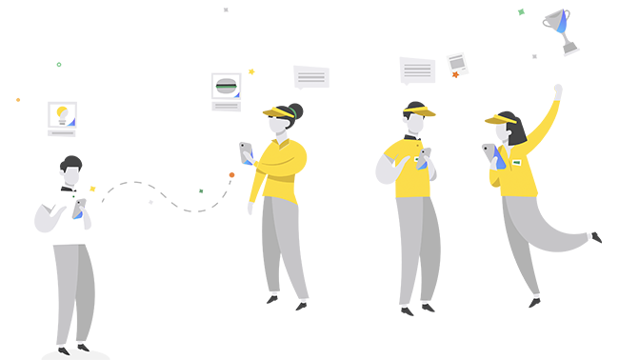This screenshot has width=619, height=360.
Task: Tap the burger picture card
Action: tap(226, 87)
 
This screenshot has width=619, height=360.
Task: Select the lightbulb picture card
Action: tap(62, 115)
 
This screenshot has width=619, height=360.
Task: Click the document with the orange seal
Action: tap(457, 65)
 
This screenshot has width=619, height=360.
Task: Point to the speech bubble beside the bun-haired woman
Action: tap(310, 77)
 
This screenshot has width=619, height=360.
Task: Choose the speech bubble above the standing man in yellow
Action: tap(417, 70)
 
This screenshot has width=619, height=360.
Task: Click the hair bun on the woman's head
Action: tap(295, 110)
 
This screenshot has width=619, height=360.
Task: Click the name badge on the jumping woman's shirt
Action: tap(517, 163)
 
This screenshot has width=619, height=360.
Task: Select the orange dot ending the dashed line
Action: tap(231, 175)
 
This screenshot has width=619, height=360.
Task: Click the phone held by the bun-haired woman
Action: tap(246, 150)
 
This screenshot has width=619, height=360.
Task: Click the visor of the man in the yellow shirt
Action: tap(418, 111)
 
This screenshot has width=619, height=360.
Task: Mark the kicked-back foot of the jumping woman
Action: tap(595, 236)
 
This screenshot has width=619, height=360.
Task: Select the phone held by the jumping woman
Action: tap(490, 151)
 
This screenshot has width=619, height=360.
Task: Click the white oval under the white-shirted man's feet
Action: tap(75, 354)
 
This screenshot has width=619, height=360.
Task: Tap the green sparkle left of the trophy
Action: tap(521, 12)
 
